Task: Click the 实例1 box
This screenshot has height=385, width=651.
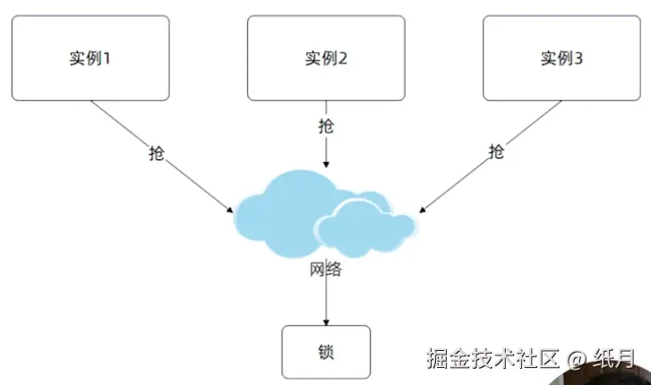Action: click(90, 58)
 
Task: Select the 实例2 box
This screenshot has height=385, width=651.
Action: click(326, 58)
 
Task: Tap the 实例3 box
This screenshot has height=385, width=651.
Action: click(561, 58)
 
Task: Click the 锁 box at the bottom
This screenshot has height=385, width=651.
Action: click(325, 351)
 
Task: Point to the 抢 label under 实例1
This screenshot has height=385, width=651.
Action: click(157, 153)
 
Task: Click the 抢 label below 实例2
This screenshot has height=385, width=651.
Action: click(326, 126)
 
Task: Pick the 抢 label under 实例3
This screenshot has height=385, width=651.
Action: click(496, 152)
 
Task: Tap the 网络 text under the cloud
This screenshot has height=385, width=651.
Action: click(325, 269)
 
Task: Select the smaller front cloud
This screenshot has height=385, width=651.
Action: click(363, 228)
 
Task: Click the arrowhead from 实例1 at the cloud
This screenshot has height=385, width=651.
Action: click(231, 210)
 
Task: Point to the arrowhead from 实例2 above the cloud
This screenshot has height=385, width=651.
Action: click(326, 166)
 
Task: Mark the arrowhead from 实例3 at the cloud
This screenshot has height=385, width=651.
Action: click(421, 210)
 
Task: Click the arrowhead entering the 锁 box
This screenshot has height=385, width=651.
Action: click(325, 322)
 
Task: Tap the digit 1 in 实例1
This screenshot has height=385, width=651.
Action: click(107, 59)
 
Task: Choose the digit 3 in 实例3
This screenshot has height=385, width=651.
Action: click(578, 59)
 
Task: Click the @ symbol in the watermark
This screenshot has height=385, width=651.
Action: click(577, 359)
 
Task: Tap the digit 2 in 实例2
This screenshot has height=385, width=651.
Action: click(343, 59)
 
